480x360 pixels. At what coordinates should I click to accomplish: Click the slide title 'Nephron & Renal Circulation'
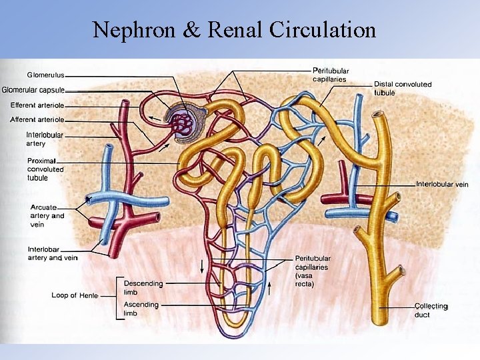pos(234,30)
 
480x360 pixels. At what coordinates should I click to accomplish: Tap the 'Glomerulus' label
pos(45,75)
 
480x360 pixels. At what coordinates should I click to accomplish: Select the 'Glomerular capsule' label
pos(33,90)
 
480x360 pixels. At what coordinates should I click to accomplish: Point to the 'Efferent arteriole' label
pos(37,105)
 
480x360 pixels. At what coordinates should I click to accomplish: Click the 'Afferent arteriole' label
pos(37,120)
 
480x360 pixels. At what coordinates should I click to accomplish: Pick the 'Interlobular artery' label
pos(45,139)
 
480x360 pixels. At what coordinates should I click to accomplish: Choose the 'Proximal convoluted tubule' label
pos(46,169)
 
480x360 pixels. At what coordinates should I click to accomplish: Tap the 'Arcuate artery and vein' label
pos(47,215)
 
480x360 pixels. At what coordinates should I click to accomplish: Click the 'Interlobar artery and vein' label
pos(53,253)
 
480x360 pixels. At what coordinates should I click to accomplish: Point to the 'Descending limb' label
pos(143,287)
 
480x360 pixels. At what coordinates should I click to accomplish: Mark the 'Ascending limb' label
pos(141,309)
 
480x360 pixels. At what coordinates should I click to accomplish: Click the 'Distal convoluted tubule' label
pos(402,88)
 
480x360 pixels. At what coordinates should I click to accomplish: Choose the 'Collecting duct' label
pos(431,310)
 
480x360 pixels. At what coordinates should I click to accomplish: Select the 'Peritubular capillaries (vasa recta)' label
pos(313,271)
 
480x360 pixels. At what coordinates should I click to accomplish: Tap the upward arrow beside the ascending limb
pos(270,289)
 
